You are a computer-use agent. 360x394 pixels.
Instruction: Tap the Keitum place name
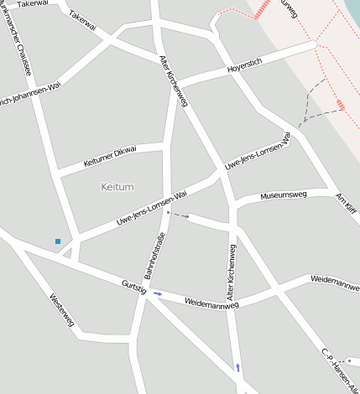click(117, 186)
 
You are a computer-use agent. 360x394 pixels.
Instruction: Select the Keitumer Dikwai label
click(110, 156)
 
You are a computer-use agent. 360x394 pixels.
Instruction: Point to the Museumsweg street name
click(284, 196)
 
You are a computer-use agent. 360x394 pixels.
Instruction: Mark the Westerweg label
click(62, 309)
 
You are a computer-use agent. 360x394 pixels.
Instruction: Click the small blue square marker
click(58, 241)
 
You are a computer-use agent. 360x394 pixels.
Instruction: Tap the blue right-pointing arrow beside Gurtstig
click(158, 293)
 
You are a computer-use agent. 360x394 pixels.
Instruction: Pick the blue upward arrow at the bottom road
click(237, 367)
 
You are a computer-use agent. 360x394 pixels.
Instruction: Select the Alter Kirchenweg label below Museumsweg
click(232, 272)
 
